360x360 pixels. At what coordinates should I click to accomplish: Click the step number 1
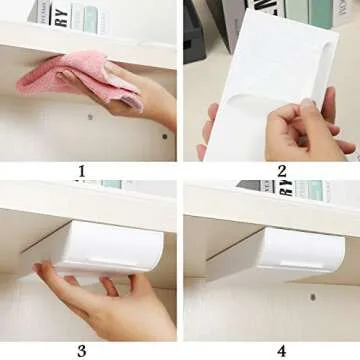(81, 171)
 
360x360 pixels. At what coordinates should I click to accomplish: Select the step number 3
(81, 350)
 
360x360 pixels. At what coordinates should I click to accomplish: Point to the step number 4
(282, 350)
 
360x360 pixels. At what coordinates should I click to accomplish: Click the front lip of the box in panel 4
(290, 268)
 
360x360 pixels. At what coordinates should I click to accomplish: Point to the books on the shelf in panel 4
(290, 187)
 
